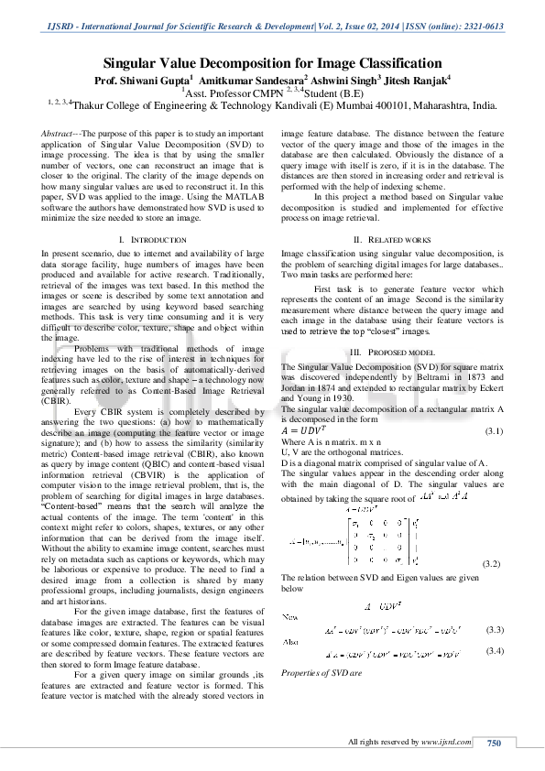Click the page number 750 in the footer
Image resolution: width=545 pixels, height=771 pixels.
point(495,743)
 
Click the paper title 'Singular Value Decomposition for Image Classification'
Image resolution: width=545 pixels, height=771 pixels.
point(272,64)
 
